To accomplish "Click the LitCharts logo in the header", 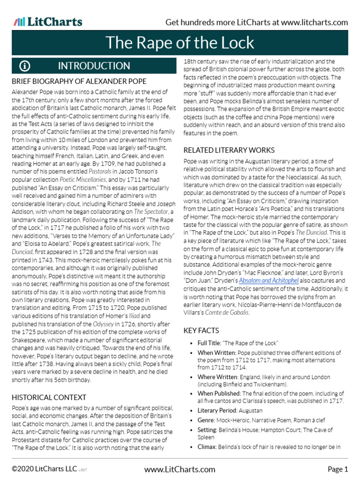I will pos(48,22).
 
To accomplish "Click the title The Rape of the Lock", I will pos(180,43).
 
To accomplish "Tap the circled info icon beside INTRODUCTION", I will pos(25,66).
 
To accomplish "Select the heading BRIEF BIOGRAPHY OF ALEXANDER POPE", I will pos(79,81).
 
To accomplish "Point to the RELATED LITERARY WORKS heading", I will pos(229,150).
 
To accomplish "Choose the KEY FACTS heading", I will pos(201,331).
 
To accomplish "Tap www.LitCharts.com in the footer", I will pos(180,469).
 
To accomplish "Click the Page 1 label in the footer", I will pos(337,469).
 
